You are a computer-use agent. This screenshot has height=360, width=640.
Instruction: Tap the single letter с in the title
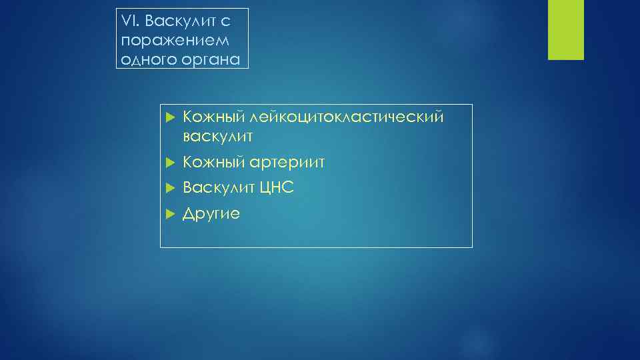(x=226, y=21)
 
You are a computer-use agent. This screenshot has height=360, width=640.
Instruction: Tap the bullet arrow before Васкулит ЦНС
(x=169, y=188)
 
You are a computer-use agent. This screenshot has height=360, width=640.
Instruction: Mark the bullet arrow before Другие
(x=169, y=214)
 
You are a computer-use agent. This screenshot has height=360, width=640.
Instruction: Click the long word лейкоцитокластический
(x=345, y=118)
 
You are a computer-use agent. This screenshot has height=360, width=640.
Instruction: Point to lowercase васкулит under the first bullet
(x=217, y=137)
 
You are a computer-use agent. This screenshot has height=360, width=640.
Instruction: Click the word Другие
(x=211, y=214)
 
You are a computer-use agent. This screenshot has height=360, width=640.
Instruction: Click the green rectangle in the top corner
(x=565, y=29)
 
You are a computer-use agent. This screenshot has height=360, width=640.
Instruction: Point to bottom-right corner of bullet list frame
(x=472, y=247)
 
